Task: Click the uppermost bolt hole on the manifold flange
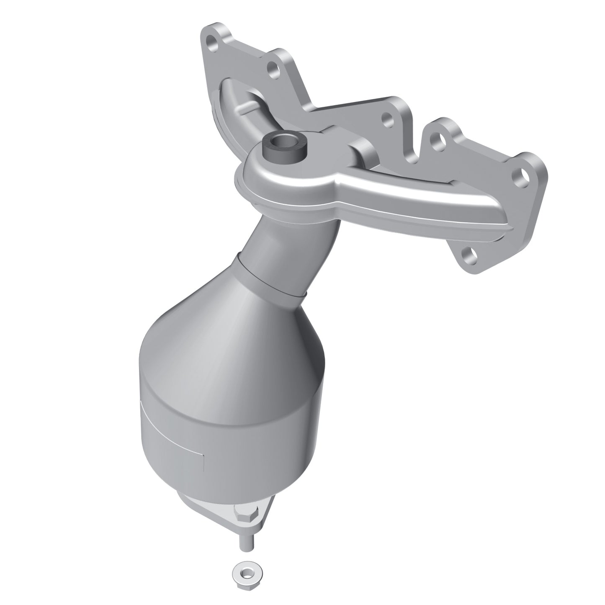pos(213,42)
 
